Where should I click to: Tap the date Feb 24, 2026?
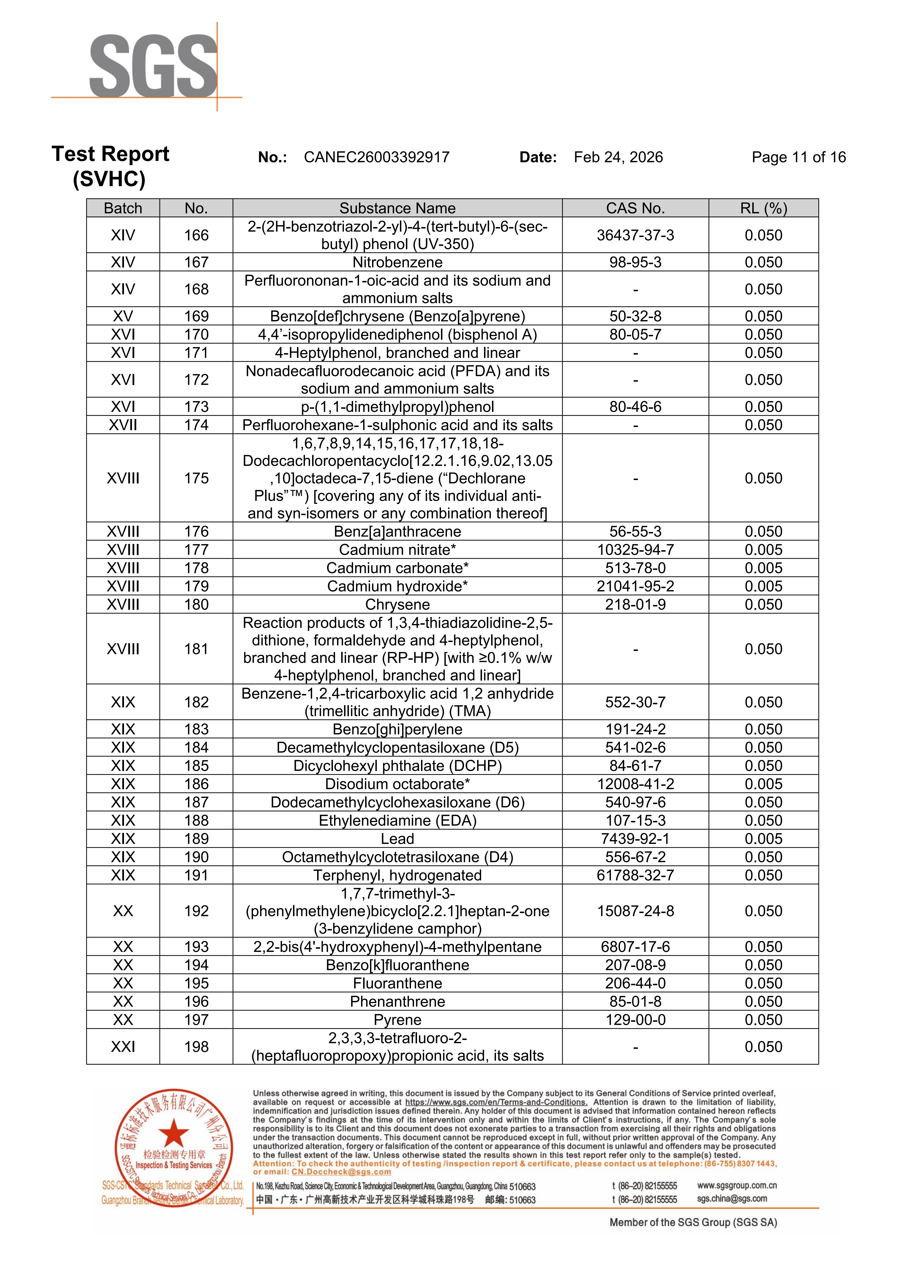point(618,157)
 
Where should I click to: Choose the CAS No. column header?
point(635,208)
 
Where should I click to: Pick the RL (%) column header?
point(763,208)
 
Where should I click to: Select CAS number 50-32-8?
point(635,316)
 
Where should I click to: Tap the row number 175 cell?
point(196,478)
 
